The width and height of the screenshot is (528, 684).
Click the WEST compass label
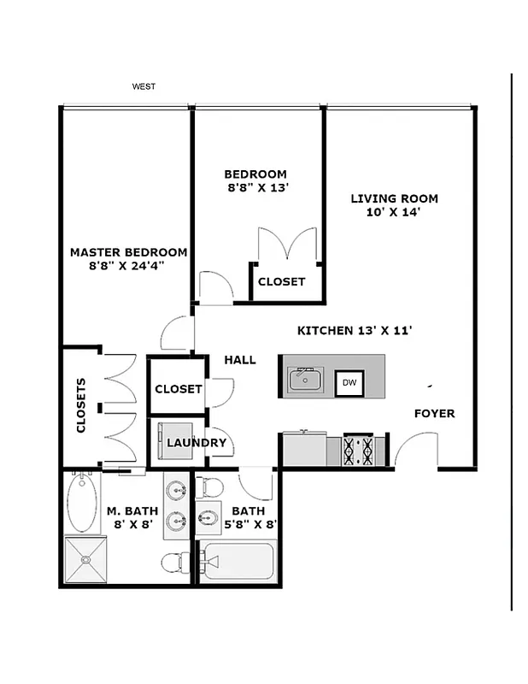pos(143,86)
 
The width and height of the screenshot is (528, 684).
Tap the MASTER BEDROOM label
pos(128,252)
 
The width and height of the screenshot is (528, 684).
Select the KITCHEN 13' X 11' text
pos(355,330)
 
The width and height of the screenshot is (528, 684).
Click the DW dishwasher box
pos(349,383)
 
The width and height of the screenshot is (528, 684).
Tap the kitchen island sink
pos(305,378)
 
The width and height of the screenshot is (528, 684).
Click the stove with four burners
pos(358,450)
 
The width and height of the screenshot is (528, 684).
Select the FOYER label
pos(434,414)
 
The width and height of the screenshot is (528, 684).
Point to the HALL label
pos(240,360)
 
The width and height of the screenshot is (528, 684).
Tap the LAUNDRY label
pos(197,443)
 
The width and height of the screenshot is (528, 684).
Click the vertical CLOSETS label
pos(81,405)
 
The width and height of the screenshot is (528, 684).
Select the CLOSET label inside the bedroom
pos(281,282)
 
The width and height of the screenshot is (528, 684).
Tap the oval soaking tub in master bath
pos(83,504)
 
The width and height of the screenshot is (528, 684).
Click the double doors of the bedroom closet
pos(287,244)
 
